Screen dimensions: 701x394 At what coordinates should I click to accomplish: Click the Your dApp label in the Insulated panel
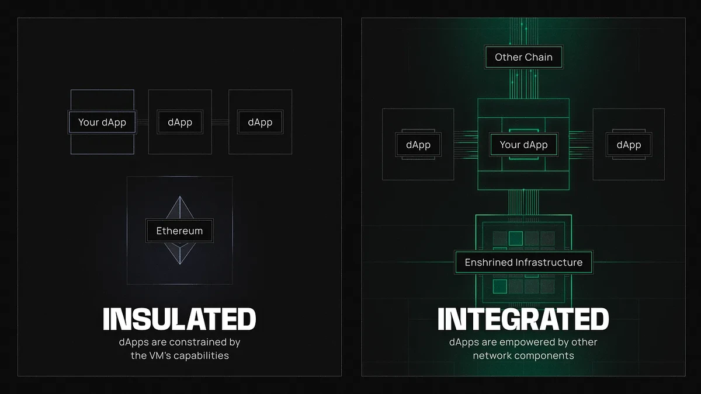tap(102, 122)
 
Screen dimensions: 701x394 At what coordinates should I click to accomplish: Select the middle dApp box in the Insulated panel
tap(180, 122)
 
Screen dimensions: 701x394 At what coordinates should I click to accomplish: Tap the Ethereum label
tap(180, 231)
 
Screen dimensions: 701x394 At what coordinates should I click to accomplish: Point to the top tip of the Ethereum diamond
tap(180, 196)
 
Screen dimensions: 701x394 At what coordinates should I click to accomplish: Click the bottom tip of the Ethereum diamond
tap(180, 264)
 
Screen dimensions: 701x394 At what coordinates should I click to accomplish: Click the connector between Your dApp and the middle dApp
tap(143, 122)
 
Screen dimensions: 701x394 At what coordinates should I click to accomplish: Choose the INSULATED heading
tap(179, 319)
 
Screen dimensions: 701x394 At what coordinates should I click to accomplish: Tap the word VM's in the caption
tap(158, 355)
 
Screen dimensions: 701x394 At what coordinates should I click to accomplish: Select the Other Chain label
tap(523, 57)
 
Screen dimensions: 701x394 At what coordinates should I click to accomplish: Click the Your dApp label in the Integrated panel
tap(523, 145)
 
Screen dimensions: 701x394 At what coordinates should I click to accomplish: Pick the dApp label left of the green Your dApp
tap(418, 145)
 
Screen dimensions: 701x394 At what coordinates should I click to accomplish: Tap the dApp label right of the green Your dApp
tap(629, 145)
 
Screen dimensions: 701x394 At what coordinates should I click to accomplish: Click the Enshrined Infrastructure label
tap(523, 262)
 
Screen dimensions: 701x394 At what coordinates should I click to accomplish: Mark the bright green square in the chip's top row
tap(516, 238)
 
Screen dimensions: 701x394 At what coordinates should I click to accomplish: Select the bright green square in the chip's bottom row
tap(500, 286)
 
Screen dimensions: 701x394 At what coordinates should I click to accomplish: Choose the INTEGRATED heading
tap(523, 319)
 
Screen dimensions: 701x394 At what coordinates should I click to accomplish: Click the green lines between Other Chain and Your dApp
tap(523, 84)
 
